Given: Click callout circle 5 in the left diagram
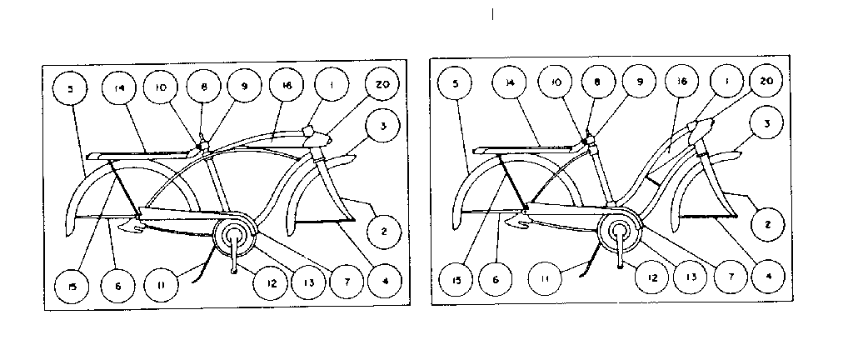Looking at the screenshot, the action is coord(72,88).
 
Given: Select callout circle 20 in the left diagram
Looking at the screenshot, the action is coord(382,84).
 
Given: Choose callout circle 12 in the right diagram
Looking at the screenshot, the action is coord(653,277).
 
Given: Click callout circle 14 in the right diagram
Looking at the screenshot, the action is coord(510,83).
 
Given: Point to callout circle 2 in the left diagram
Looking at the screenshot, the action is coord(384,231).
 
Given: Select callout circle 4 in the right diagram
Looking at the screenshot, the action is coord(768,276).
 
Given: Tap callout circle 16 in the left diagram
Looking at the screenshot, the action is coord(287,84).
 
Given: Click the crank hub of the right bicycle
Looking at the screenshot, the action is coord(620,229).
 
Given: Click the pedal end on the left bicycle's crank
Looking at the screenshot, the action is coord(234,270).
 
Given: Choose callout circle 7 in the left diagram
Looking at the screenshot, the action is coord(347,282).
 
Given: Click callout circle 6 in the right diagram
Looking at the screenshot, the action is coord(496,279).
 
